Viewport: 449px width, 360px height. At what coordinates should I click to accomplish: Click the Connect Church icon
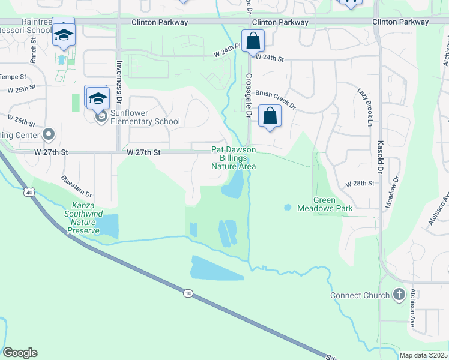click(x=399, y=295)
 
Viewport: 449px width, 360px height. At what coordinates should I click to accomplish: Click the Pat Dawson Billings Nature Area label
click(x=234, y=158)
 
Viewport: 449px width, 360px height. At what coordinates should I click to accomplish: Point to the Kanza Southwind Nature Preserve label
click(x=83, y=221)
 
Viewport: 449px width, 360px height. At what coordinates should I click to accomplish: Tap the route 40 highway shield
click(x=29, y=192)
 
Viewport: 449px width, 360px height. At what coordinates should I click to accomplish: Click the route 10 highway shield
click(x=188, y=293)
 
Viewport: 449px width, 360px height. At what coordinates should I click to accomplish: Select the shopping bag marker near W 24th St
click(x=253, y=42)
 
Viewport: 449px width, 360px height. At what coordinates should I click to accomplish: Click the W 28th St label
click(x=360, y=183)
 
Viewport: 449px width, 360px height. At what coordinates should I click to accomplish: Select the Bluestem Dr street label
click(x=77, y=187)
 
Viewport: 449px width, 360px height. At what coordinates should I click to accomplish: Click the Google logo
click(x=20, y=353)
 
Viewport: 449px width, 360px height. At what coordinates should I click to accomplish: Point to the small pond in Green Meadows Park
click(x=287, y=208)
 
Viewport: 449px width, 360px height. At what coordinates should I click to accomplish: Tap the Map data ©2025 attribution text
click(x=424, y=355)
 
